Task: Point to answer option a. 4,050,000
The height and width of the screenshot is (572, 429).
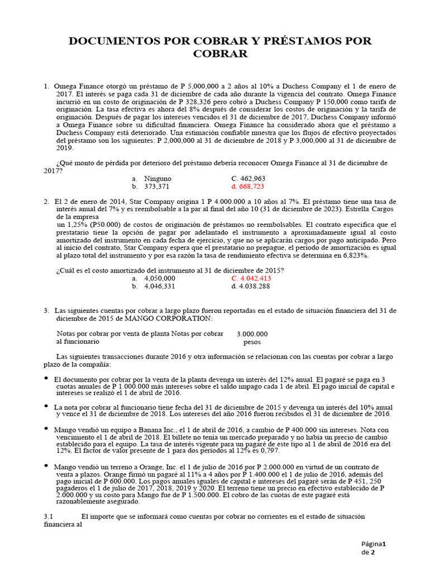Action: click(x=154, y=278)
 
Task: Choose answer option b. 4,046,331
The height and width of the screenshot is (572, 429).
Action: click(x=154, y=286)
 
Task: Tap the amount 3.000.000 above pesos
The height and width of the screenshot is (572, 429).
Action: click(x=252, y=333)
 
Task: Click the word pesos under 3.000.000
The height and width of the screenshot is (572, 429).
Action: click(x=252, y=341)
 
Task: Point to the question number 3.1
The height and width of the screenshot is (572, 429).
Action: click(x=47, y=517)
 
